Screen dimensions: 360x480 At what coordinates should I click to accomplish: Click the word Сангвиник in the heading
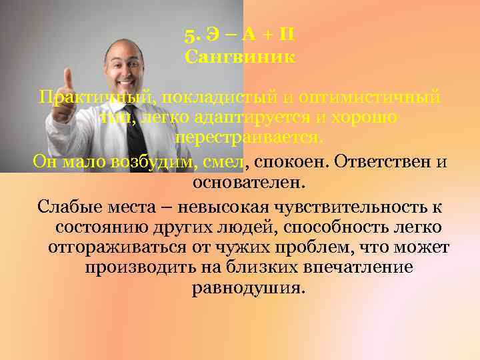pyautogui.click(x=240, y=57)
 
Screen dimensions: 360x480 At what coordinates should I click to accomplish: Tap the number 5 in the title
pyautogui.click(x=189, y=33)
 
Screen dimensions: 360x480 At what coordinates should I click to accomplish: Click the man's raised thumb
pyautogui.click(x=68, y=79)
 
